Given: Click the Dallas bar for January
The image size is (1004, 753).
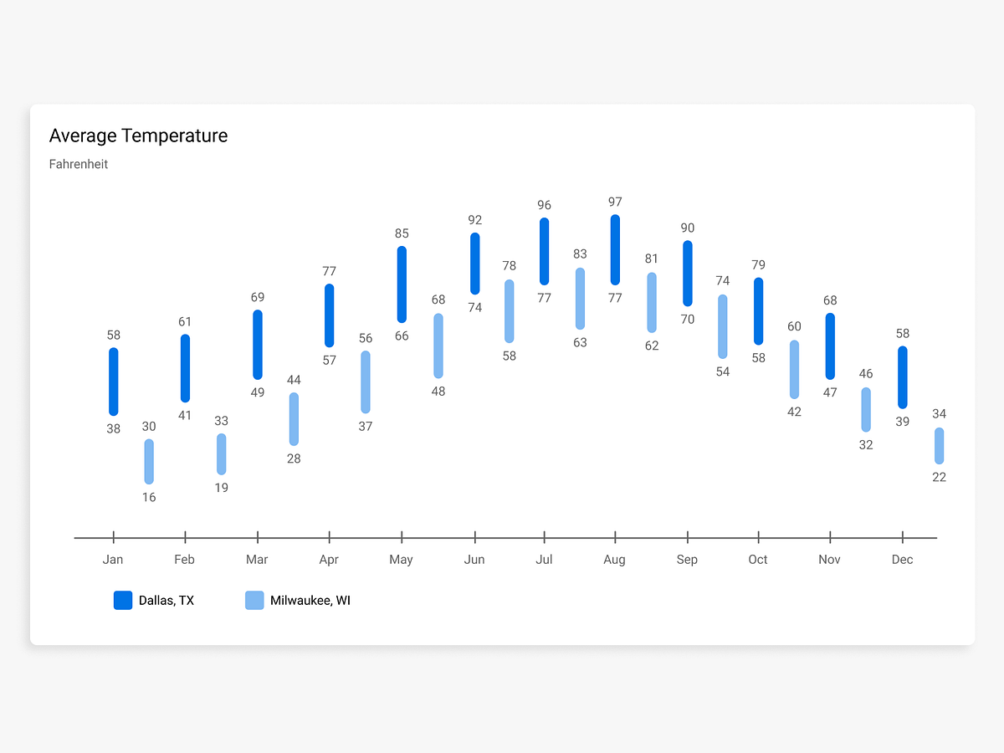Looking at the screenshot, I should (114, 382).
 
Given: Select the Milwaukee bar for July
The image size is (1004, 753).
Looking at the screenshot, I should (580, 299).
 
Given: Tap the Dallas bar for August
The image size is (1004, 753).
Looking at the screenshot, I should (615, 250).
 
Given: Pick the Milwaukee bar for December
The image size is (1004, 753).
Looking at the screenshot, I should (940, 446).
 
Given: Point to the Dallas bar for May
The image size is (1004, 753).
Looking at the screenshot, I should (402, 284).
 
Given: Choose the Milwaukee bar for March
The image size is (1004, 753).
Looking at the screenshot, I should (294, 419).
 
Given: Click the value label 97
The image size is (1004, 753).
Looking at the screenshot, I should (615, 202).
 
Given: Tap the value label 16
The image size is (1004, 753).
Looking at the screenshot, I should (149, 497).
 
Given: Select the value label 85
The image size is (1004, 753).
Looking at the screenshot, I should (402, 233).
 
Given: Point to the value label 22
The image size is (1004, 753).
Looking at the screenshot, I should (940, 477).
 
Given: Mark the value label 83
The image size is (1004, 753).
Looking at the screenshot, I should (580, 254).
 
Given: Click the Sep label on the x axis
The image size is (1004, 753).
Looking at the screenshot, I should (687, 560).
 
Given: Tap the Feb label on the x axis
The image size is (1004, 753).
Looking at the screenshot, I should (185, 560).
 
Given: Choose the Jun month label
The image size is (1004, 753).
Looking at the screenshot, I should (474, 560).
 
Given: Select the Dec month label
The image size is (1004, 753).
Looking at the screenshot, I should (902, 560).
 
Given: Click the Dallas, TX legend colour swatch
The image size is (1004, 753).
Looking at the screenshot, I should (123, 600).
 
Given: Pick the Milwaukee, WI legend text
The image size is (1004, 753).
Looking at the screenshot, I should (310, 601).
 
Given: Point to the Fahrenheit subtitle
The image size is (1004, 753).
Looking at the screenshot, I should (79, 164).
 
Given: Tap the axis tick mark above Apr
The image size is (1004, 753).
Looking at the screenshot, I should (330, 537).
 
